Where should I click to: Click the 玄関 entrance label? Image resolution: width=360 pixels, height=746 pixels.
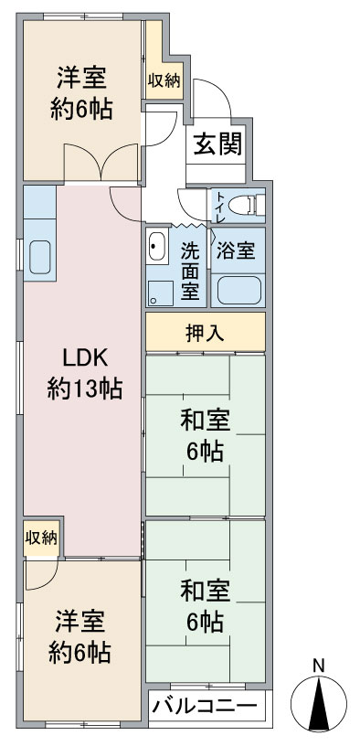(217, 144)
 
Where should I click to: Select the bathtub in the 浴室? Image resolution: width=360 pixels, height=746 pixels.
(239, 290)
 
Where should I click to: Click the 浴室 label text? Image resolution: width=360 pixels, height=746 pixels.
(237, 250)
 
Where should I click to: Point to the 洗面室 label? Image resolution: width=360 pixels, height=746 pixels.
(190, 272)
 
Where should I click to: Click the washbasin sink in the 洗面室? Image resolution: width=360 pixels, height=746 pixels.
(156, 246)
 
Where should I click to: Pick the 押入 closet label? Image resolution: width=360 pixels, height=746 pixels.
(205, 334)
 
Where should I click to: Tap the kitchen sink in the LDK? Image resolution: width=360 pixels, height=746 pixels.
(40, 257)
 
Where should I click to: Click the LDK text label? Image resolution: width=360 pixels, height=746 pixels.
(85, 358)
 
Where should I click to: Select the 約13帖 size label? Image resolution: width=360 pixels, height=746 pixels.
(85, 389)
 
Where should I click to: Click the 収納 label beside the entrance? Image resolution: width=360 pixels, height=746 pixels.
(164, 80)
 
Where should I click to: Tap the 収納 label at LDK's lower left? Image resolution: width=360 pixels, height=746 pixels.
(41, 538)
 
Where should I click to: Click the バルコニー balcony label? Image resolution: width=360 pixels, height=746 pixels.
(205, 706)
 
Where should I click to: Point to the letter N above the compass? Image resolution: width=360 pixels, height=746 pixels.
(318, 666)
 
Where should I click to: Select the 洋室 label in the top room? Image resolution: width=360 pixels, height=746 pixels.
(81, 78)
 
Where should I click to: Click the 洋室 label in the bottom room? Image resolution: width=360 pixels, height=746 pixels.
(79, 623)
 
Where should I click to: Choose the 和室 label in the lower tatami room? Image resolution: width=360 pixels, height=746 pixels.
(205, 591)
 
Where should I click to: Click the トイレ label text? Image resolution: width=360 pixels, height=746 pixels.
(220, 206)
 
